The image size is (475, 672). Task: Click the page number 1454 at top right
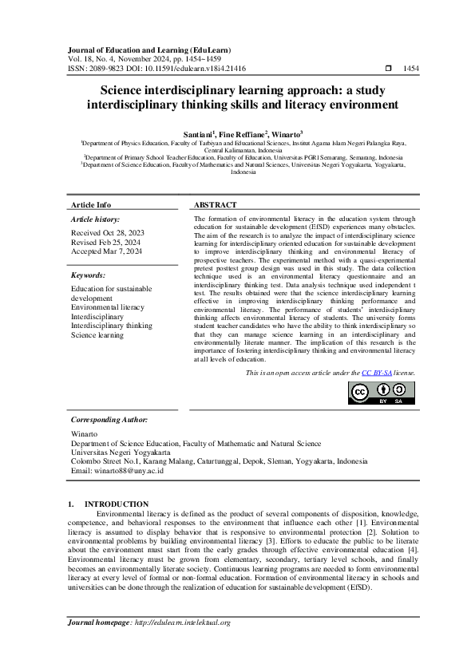click(x=410, y=69)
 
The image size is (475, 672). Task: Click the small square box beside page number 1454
click(x=388, y=69)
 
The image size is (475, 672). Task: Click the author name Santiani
click(x=199, y=135)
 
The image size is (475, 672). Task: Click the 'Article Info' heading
click(x=92, y=205)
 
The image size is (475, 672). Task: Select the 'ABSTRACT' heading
click(x=215, y=205)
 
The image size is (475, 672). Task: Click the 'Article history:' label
click(x=96, y=219)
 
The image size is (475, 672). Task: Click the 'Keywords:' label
click(x=88, y=275)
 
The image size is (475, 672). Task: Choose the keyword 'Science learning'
click(x=97, y=335)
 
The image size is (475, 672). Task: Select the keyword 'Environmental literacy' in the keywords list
click(x=108, y=306)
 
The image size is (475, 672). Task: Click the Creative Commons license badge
click(x=382, y=393)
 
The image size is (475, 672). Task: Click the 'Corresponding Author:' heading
click(x=109, y=419)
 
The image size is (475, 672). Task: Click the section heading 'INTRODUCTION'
click(x=117, y=504)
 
